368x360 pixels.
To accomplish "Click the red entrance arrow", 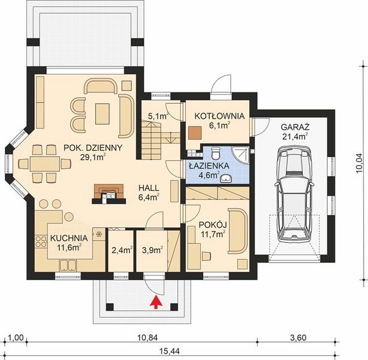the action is click(x=156, y=301).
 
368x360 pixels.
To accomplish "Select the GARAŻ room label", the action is click(x=295, y=127).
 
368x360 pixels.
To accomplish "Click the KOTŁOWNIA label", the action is click(x=219, y=116).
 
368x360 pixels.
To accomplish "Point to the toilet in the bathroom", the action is click(x=215, y=152).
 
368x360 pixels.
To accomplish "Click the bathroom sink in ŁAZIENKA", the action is click(x=226, y=179).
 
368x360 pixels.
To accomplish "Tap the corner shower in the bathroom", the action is click(x=240, y=155).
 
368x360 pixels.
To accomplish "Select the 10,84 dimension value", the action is click(x=147, y=338).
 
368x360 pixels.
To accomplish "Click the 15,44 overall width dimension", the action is click(x=170, y=352).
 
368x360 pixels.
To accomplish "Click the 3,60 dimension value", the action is click(x=298, y=338).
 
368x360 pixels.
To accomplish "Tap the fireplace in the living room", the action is click(x=108, y=194).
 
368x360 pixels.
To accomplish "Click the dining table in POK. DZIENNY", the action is click(x=44, y=164).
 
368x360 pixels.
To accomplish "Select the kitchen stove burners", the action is click(x=41, y=242).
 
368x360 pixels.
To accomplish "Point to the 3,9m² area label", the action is click(x=153, y=250).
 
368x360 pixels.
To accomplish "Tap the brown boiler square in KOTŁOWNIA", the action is click(x=195, y=133).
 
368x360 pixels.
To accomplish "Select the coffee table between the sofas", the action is click(x=102, y=114).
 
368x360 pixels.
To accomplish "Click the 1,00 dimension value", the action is click(x=16, y=338).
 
